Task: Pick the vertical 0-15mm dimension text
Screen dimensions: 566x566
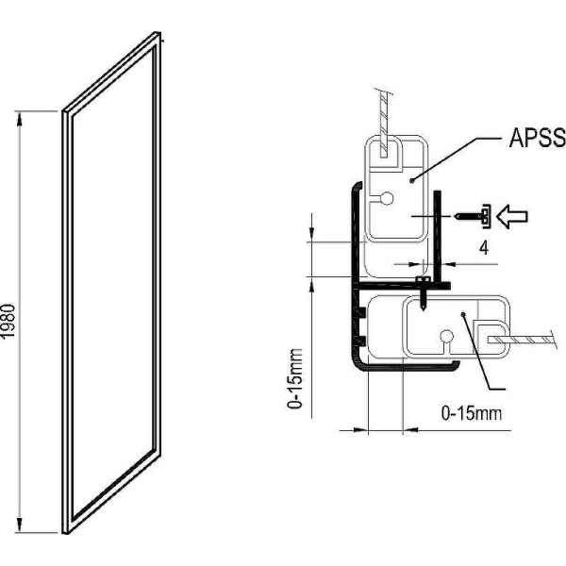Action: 296,383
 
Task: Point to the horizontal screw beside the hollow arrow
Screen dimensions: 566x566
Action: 471,216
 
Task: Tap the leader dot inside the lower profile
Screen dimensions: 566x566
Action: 463,314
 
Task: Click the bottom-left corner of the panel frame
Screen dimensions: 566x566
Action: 67,531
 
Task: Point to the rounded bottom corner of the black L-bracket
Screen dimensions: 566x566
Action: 357,369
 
